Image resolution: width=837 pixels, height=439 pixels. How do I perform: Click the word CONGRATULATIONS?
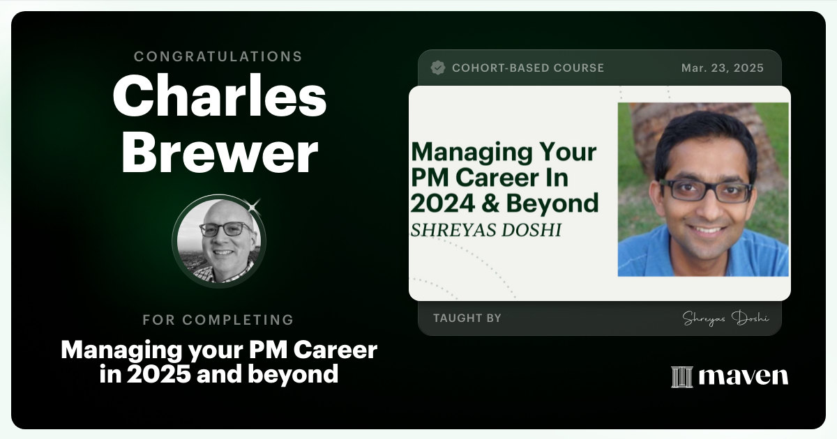(x=218, y=56)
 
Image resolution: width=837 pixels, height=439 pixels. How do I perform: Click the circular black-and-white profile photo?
(x=219, y=240)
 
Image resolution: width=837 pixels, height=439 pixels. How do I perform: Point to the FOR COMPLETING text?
(x=218, y=320)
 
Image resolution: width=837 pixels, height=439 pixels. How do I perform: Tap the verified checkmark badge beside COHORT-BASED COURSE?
(x=438, y=68)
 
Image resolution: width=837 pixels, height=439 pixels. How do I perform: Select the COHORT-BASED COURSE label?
(x=528, y=68)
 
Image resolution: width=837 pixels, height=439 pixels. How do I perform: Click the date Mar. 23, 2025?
(x=723, y=68)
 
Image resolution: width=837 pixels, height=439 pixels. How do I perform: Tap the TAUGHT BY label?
(x=467, y=318)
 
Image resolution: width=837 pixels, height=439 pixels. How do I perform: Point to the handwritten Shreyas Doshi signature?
(x=725, y=318)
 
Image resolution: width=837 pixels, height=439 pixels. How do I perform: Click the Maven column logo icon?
(x=681, y=376)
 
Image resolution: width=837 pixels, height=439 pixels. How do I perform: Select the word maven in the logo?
(x=744, y=376)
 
